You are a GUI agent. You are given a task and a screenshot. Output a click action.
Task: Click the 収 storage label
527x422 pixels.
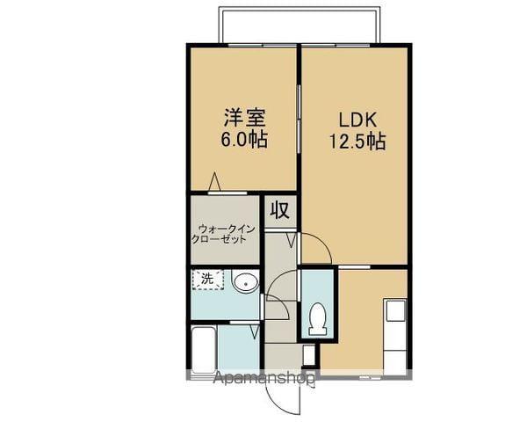[x=280, y=211]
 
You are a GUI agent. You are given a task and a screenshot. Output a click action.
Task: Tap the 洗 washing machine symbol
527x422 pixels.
[x=208, y=280]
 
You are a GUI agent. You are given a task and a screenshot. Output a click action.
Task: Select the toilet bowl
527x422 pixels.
[x=318, y=317]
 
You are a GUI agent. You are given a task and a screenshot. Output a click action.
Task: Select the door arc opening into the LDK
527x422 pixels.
[x=316, y=248]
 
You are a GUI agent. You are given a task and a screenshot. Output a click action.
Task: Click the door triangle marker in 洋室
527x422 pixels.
[x=214, y=182]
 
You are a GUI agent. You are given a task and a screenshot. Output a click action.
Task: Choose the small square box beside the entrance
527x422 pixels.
[x=308, y=355]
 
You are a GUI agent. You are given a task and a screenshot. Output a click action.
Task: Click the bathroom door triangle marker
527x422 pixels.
[x=253, y=331]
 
